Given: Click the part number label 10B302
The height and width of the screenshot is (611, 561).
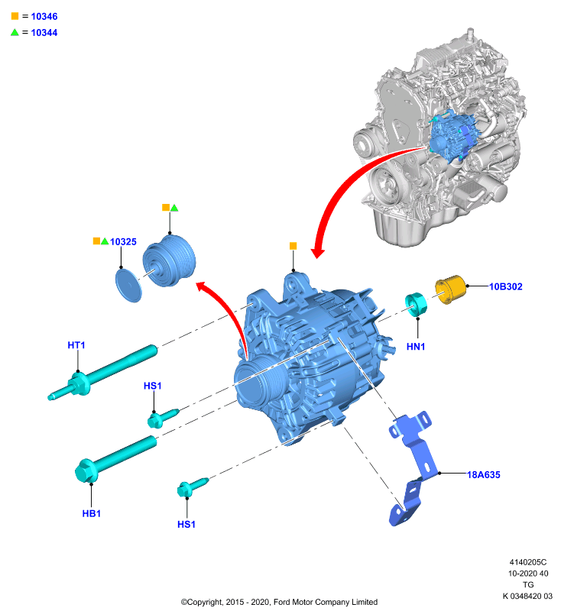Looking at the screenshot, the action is tap(506, 286).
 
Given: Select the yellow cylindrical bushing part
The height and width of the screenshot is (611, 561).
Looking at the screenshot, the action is tap(450, 289).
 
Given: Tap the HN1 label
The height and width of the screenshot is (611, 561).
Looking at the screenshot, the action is tap(416, 347).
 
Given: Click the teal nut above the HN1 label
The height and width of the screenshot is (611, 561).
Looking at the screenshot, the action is tap(416, 304).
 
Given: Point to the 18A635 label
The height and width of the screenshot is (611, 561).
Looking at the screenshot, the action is tap(483, 474).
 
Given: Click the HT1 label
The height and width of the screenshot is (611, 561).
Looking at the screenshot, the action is tap(76, 345).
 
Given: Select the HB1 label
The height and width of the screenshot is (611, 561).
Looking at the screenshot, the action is tap(92, 513).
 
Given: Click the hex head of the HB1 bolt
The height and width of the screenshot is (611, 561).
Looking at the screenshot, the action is tap(86, 471).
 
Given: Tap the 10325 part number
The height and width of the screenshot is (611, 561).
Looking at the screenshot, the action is tap(123, 242).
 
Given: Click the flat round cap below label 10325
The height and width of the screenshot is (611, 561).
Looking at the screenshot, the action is tap(128, 285).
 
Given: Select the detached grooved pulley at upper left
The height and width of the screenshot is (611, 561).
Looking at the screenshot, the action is tap(169, 260).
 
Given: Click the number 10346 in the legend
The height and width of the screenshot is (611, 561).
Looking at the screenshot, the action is tap(44, 16).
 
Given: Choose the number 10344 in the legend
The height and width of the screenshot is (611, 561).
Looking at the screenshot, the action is tap(44, 33).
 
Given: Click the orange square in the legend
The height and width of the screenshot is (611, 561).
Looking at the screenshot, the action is tap(15, 16).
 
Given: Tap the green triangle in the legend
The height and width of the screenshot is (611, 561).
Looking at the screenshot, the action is tap(15, 32).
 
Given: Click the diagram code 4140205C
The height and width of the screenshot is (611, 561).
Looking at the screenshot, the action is tap(528, 562).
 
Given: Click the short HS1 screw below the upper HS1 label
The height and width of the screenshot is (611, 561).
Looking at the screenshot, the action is tap(163, 417).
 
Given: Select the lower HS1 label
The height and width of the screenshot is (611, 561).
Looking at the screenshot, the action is tap(186, 525).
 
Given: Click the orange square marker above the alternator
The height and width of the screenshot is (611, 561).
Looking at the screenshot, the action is tap(293, 246).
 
